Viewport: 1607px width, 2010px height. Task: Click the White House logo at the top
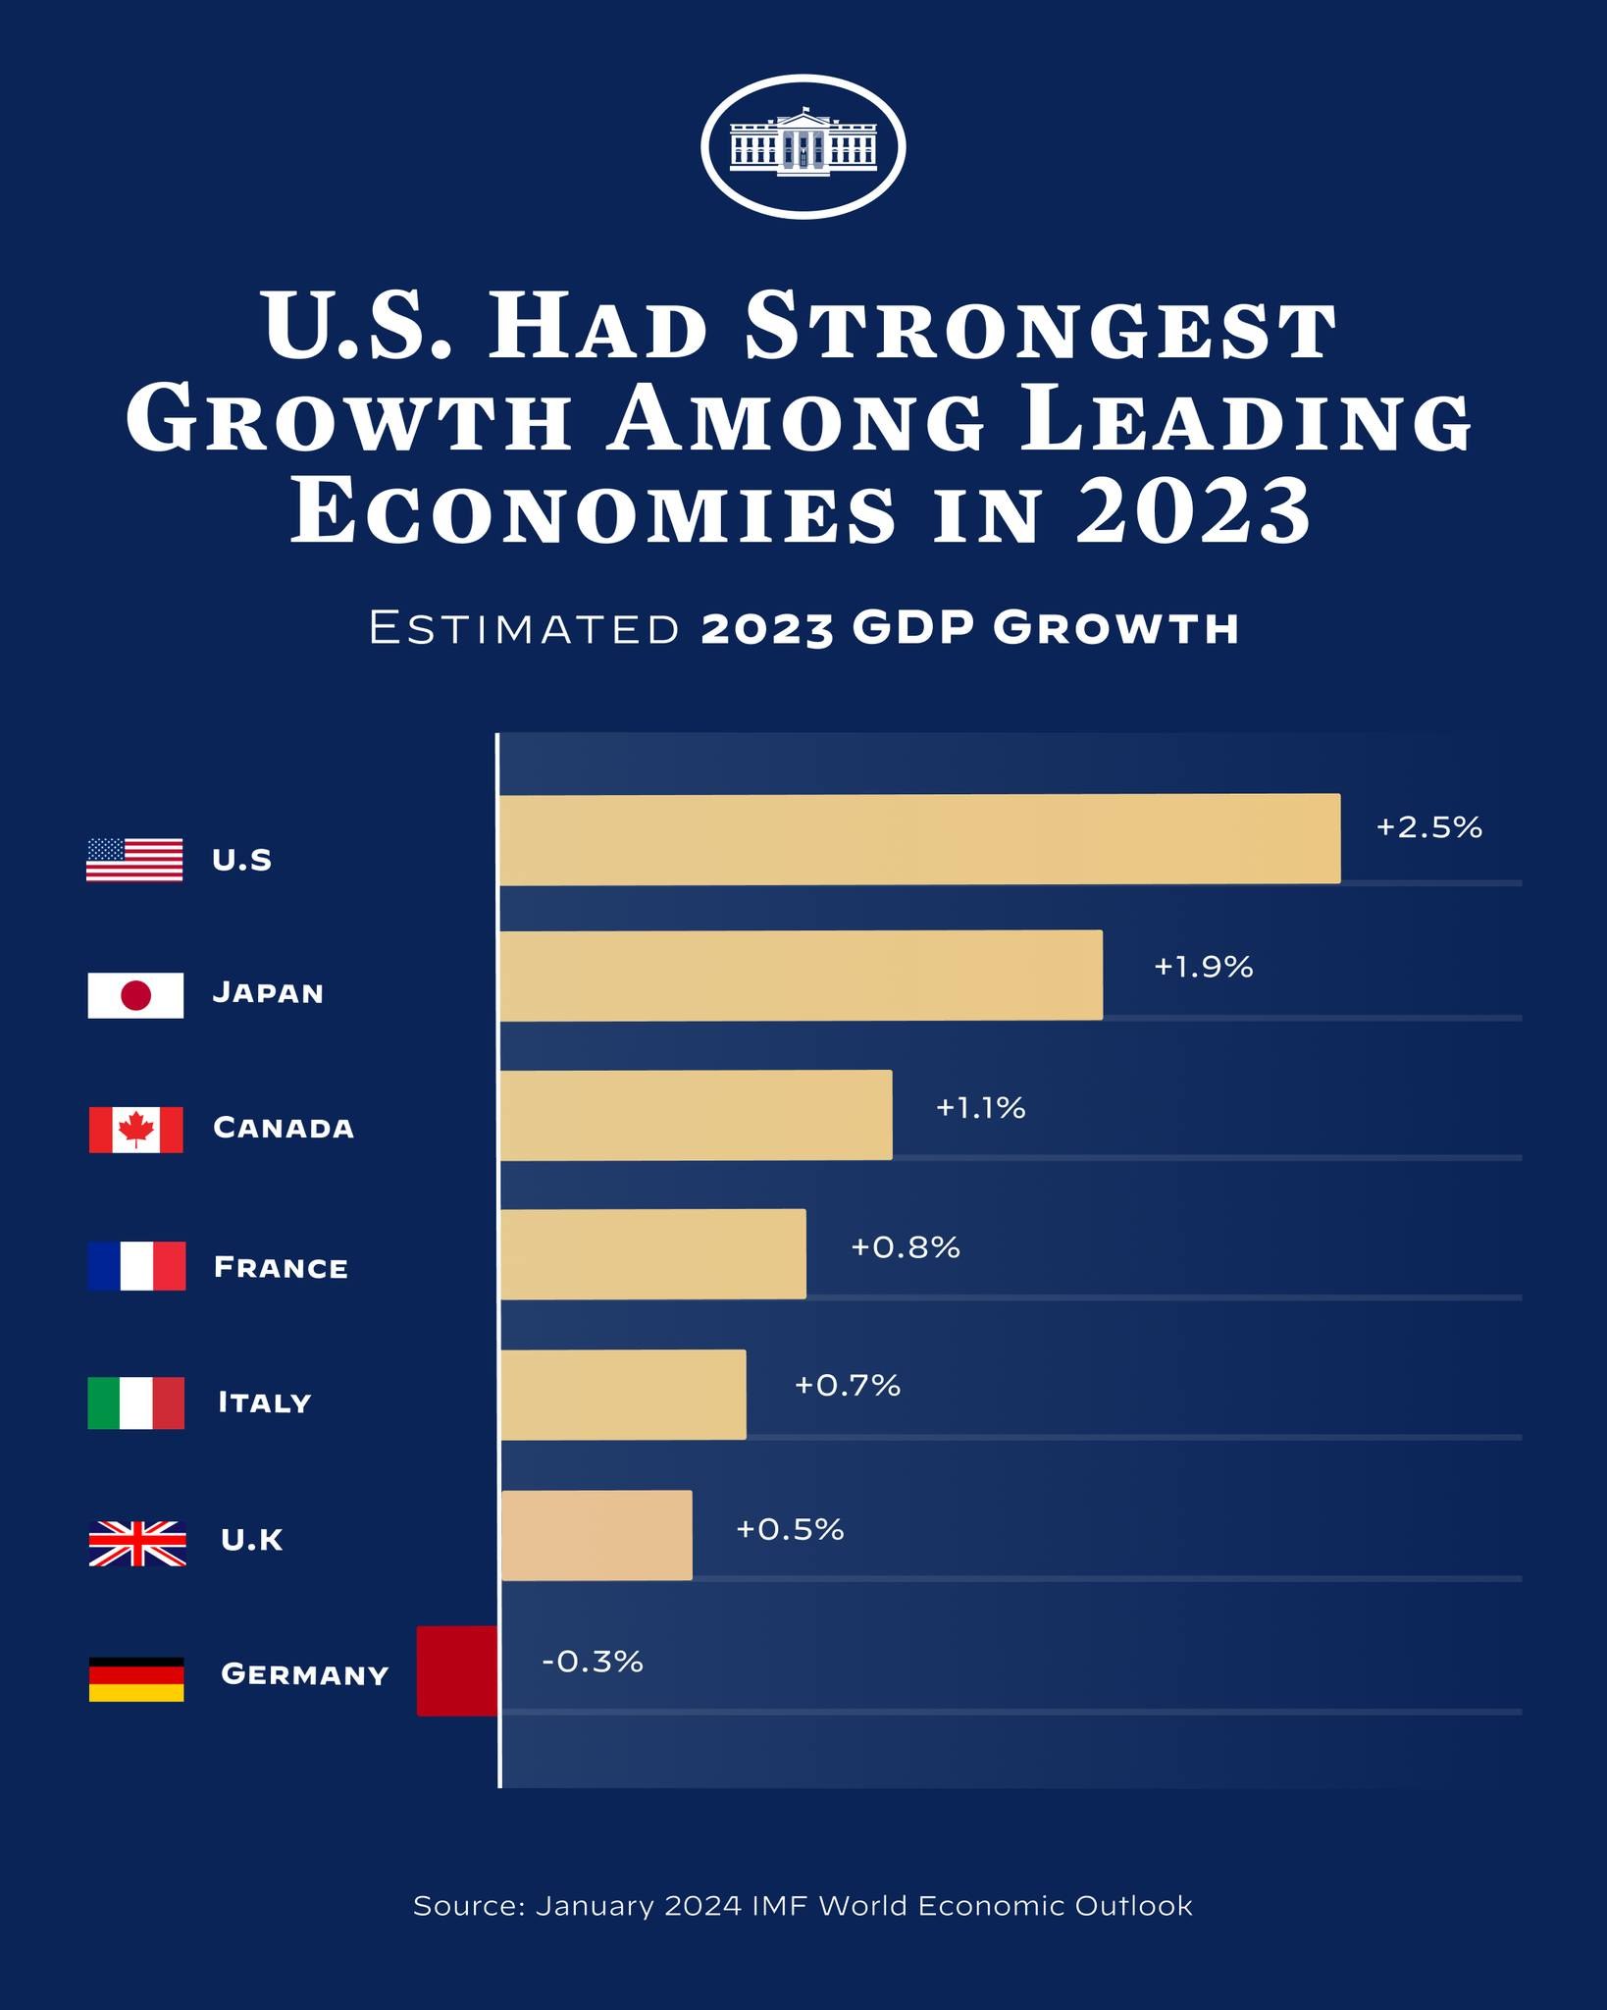click(x=803, y=146)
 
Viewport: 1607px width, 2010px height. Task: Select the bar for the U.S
click(x=919, y=839)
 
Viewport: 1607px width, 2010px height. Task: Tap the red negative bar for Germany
click(x=457, y=1671)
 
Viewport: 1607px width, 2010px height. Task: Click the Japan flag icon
click(x=135, y=995)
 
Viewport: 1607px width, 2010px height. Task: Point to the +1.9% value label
click(x=1203, y=968)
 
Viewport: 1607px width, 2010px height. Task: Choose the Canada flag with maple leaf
click(x=135, y=1130)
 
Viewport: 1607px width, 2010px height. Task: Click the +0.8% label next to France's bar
click(x=905, y=1247)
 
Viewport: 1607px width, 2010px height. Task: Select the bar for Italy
click(x=623, y=1395)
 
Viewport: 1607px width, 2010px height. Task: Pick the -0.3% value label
click(x=593, y=1662)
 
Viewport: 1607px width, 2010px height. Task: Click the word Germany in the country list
click(x=305, y=1673)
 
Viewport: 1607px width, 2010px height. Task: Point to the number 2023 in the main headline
click(x=1193, y=511)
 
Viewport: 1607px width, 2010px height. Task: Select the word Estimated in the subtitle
click(x=525, y=628)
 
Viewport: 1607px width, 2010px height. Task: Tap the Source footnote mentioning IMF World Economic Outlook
click(x=803, y=1906)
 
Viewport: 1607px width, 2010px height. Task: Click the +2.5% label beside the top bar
click(x=1428, y=827)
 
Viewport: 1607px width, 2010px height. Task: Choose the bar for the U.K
click(x=596, y=1535)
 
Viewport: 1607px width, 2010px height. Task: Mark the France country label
click(x=281, y=1267)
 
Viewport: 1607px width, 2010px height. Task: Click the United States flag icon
click(x=134, y=860)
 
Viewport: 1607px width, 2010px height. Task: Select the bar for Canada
click(x=696, y=1115)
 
